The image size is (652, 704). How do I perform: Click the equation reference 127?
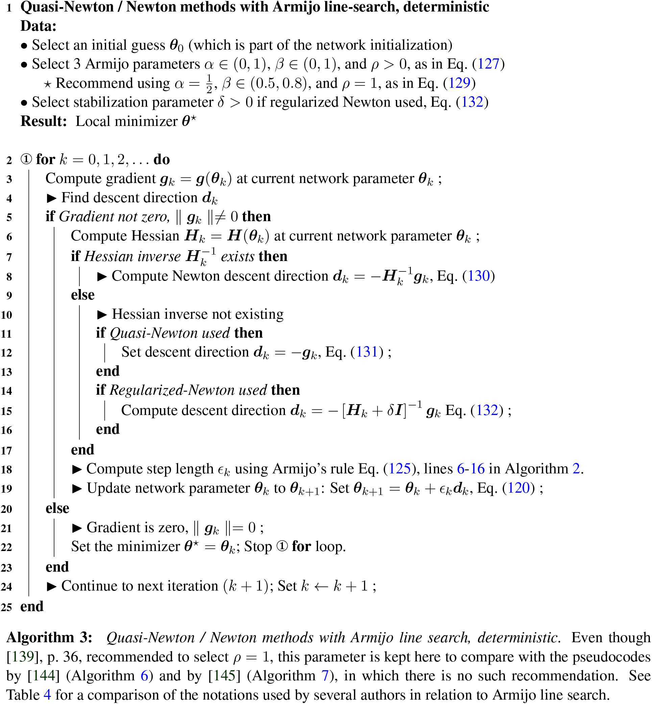tap(488, 64)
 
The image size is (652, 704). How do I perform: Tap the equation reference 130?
tap(478, 276)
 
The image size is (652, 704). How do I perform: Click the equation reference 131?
tap(367, 352)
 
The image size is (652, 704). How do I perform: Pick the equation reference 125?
tap(400, 469)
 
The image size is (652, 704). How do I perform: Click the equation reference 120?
tap(518, 488)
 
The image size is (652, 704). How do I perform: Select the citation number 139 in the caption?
tap(21, 657)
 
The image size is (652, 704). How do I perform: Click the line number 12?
tap(6, 353)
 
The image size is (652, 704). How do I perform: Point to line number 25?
tap(6, 607)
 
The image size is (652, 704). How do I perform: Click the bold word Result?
tap(44, 121)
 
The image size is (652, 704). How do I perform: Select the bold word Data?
tap(38, 26)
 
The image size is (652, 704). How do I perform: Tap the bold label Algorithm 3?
tap(49, 638)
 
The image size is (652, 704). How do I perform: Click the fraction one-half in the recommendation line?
tap(209, 83)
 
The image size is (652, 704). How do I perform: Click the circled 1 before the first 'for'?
tap(26, 159)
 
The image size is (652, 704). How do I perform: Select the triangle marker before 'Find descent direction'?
tap(51, 198)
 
